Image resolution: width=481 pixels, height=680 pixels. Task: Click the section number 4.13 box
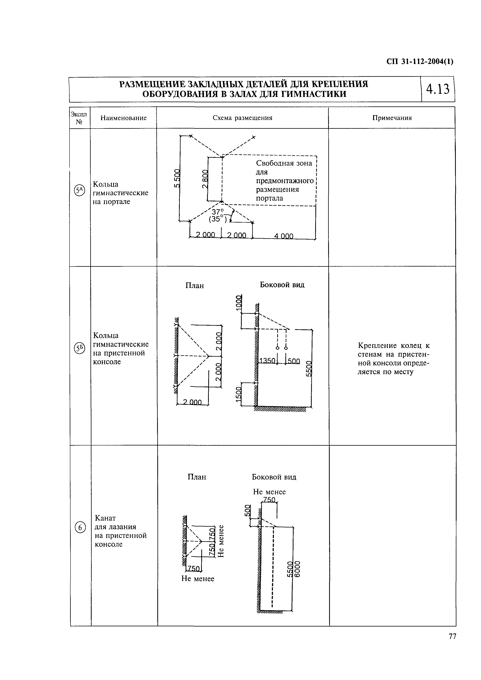click(x=437, y=89)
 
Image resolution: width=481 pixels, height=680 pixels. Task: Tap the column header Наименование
click(x=124, y=118)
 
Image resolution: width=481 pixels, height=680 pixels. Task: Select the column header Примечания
click(x=392, y=118)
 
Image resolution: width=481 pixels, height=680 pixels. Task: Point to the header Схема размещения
click(x=242, y=118)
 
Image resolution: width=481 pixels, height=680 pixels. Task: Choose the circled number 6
click(x=80, y=528)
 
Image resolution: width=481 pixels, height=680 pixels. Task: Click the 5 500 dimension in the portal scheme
click(x=177, y=178)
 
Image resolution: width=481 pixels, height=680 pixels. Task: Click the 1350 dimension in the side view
click(x=267, y=361)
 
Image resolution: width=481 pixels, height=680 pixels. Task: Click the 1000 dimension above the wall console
click(x=238, y=303)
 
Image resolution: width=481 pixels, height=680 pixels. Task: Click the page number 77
click(x=452, y=645)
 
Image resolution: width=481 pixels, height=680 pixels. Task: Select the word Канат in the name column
click(x=105, y=518)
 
